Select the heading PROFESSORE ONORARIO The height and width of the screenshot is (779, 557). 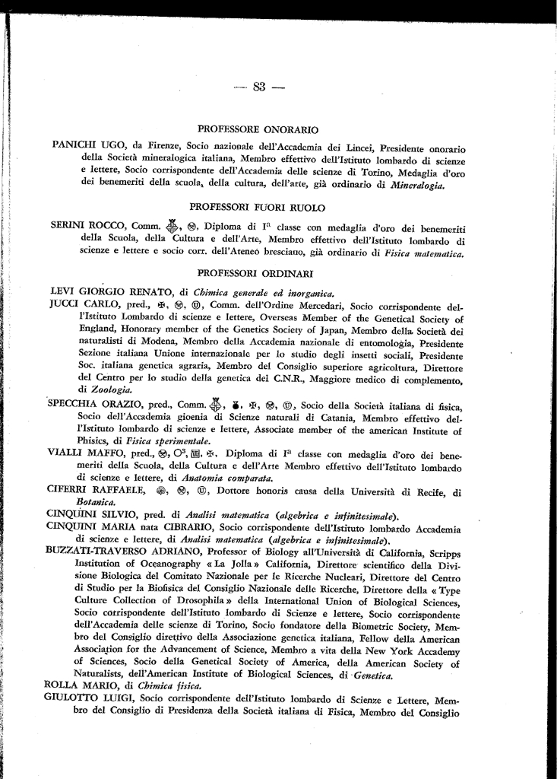[258, 130]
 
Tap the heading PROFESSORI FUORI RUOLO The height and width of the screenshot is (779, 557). [258, 206]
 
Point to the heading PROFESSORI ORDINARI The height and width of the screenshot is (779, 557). [258, 272]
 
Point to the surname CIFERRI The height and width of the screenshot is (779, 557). [70, 491]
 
